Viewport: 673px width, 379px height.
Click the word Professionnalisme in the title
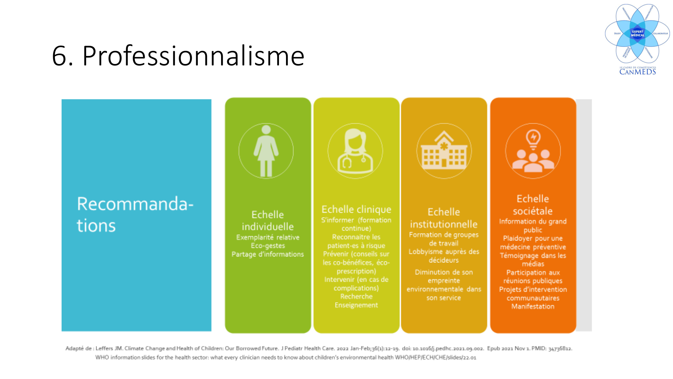point(193,56)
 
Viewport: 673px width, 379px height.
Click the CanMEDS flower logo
point(637,34)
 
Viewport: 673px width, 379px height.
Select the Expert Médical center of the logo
point(637,33)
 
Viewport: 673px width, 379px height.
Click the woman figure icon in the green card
point(266,151)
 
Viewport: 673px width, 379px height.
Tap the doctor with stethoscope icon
point(355,151)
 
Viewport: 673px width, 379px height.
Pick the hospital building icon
point(444,151)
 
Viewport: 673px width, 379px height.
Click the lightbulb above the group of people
point(533,138)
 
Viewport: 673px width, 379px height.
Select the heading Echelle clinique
point(356,209)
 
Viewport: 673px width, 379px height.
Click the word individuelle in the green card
point(268,226)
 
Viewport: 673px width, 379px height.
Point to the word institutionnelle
point(444,224)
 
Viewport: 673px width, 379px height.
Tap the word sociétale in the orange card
point(533,211)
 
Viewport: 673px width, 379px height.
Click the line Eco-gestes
point(268,246)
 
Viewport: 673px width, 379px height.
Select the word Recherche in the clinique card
point(356,296)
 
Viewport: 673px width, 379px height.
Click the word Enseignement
point(356,305)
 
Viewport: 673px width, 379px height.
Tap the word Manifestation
point(533,306)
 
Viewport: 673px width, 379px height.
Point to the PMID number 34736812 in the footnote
point(560,348)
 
